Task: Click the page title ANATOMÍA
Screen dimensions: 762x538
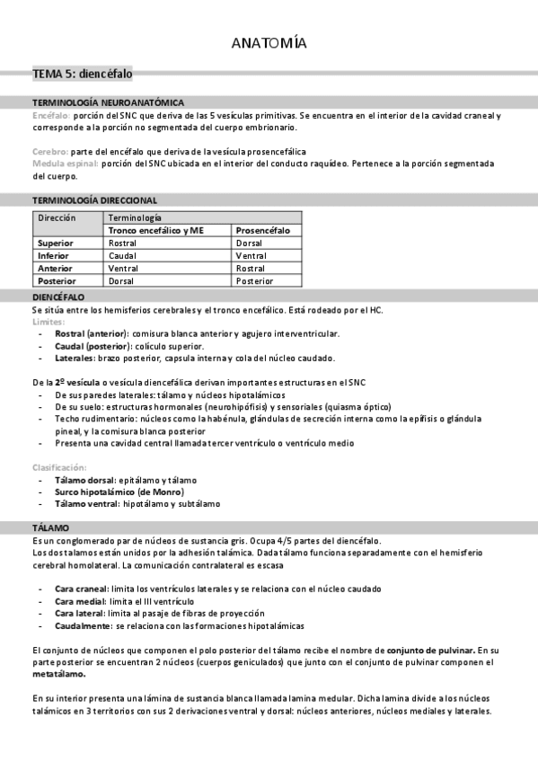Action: click(269, 43)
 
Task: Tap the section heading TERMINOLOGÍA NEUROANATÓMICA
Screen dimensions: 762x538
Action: click(108, 102)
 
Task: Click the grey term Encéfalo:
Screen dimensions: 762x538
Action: click(50, 116)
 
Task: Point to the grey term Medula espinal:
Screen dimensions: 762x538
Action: click(65, 164)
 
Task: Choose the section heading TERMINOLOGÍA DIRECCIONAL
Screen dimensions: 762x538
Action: click(94, 199)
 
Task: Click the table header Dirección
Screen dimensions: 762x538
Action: click(57, 217)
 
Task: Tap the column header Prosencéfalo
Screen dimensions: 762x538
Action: click(263, 230)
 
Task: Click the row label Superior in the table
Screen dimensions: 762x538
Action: click(56, 243)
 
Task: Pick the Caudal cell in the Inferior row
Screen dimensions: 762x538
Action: click(122, 255)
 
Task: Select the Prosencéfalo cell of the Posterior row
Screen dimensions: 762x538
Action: click(254, 280)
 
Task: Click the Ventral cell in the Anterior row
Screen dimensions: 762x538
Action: click(123, 268)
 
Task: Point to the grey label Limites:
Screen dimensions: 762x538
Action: click(48, 321)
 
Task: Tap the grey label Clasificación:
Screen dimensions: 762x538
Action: click(58, 467)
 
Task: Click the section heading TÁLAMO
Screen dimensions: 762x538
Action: click(50, 527)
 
